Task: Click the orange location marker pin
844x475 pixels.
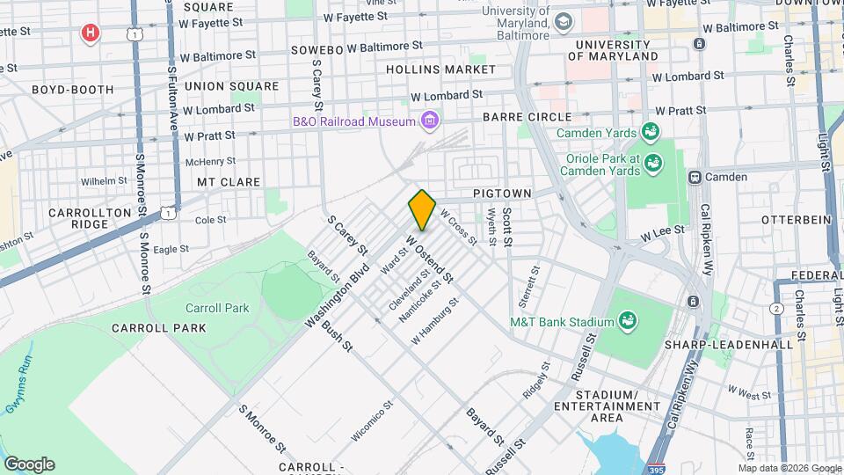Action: pos(422,209)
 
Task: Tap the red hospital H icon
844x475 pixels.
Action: pos(90,34)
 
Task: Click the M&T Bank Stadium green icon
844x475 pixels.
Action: pos(628,321)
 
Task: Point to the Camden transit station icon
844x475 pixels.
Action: pos(695,177)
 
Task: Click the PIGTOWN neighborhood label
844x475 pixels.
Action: pos(498,192)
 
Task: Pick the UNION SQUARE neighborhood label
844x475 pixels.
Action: pos(232,86)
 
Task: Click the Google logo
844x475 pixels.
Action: pos(29,464)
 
